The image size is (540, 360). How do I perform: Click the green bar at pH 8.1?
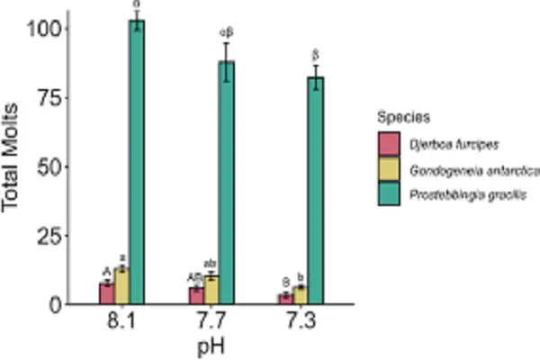[x=137, y=162]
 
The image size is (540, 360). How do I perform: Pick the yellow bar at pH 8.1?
[x=121, y=286]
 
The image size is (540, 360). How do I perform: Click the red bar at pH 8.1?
[x=106, y=293]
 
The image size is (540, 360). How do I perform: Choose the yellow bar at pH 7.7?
[x=211, y=290]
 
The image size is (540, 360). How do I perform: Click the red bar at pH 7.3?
[x=285, y=299]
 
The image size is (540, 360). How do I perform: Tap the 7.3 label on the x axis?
[x=301, y=321]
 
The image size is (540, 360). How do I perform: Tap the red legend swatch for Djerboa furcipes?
[x=390, y=141]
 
